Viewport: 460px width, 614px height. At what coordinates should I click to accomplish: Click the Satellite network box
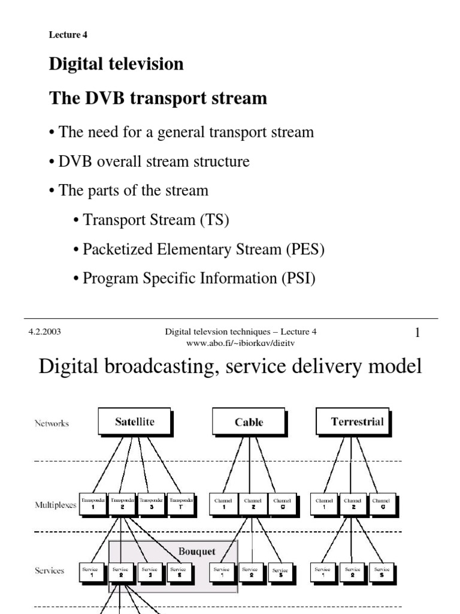pyautogui.click(x=134, y=422)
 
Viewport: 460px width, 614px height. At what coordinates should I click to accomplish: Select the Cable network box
pyautogui.click(x=249, y=422)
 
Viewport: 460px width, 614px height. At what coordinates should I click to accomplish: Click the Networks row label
pyautogui.click(x=52, y=423)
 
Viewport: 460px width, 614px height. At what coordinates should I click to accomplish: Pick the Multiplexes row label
pyautogui.click(x=56, y=505)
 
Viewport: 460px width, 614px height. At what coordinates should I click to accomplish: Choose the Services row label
pyautogui.click(x=49, y=571)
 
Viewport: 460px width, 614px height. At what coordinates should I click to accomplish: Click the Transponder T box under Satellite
pyautogui.click(x=180, y=503)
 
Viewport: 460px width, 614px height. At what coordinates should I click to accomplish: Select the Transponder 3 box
pyautogui.click(x=151, y=503)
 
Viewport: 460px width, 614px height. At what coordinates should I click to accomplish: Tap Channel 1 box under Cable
pyautogui.click(x=223, y=503)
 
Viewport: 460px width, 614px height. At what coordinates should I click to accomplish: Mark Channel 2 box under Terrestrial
pyautogui.click(x=353, y=503)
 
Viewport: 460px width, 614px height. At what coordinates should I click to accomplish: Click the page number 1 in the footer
pyautogui.click(x=417, y=333)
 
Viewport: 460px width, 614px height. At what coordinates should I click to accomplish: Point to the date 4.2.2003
pyautogui.click(x=44, y=332)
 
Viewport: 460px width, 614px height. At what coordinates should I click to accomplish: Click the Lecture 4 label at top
pyautogui.click(x=64, y=35)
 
